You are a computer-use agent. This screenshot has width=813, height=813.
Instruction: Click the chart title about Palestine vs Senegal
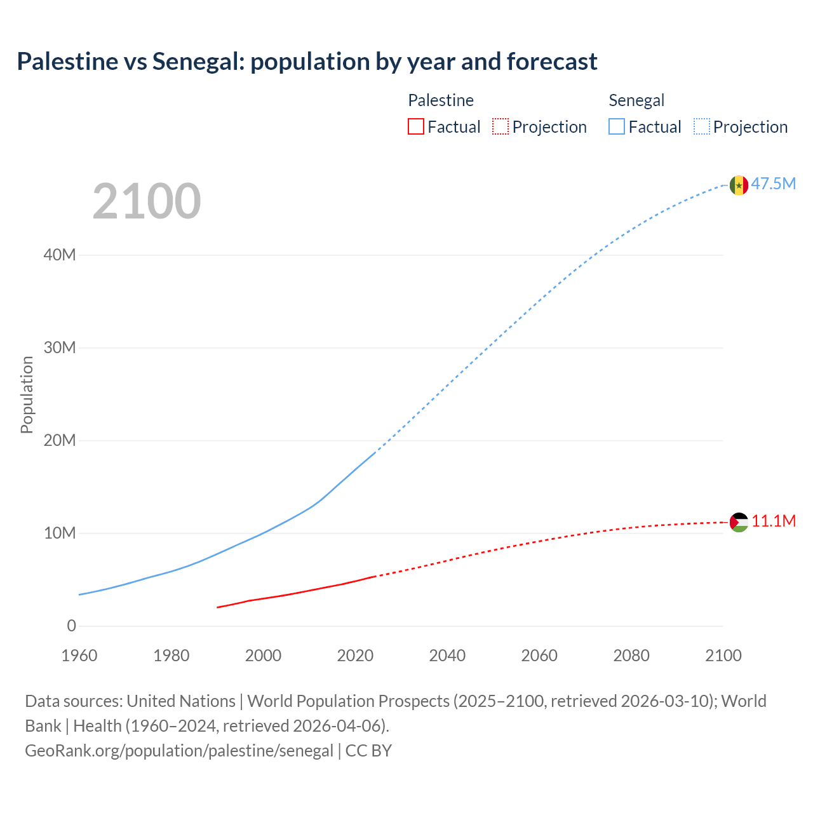307,62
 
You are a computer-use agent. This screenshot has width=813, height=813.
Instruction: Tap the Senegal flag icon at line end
739,185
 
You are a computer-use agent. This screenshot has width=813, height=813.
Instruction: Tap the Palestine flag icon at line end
739,522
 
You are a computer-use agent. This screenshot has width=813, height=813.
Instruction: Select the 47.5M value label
773,184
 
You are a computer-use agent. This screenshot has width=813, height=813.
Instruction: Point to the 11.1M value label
773,521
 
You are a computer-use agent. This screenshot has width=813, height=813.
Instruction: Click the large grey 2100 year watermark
147,202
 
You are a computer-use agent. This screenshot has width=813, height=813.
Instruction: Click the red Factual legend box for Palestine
416,127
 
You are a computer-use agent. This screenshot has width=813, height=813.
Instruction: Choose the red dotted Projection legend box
501,127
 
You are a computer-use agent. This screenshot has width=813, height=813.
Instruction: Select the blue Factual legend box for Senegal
617,127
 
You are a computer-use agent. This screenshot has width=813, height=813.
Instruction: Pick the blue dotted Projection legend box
701,127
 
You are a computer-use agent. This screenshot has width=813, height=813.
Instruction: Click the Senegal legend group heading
636,100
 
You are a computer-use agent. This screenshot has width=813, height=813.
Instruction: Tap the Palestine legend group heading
441,100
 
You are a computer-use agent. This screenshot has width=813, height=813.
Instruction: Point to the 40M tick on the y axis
60,255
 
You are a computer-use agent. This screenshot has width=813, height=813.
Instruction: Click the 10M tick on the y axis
60,534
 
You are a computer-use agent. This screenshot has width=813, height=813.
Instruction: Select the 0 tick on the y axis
71,626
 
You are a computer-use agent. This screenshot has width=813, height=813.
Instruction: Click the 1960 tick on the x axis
79,655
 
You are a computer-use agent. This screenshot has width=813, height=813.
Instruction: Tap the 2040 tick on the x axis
447,655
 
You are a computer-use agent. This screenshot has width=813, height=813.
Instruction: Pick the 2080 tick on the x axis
631,655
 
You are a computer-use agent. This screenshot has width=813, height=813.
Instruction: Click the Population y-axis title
27,394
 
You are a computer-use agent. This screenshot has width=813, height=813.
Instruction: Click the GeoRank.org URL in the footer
179,751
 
